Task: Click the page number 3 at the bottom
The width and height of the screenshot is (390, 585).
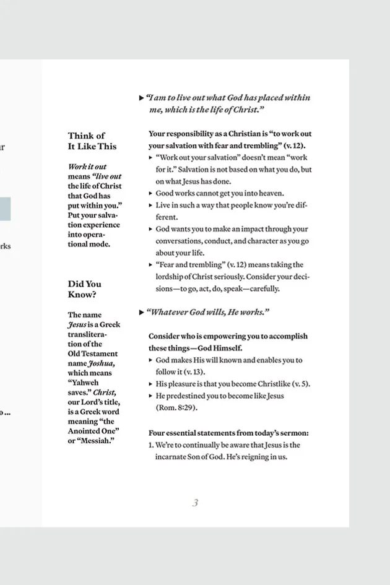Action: [195, 503]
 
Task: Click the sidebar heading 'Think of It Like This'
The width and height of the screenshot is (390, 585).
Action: [92, 141]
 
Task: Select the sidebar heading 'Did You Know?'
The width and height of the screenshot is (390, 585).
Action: [85, 289]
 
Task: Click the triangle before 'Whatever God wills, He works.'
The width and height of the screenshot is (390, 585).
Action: [142, 312]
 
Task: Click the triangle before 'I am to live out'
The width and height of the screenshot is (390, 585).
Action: [142, 98]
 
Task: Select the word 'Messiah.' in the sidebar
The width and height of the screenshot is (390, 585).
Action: [102, 441]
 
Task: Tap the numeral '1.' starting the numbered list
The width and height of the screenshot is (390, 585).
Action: [151, 445]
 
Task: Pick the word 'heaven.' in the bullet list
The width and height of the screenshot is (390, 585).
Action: [269, 193]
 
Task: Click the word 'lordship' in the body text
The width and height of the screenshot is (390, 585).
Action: [170, 277]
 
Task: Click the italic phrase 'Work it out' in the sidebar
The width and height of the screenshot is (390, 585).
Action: [87, 167]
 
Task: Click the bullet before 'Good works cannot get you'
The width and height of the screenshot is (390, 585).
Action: [150, 193]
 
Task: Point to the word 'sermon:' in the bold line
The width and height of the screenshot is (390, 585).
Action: [294, 433]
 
